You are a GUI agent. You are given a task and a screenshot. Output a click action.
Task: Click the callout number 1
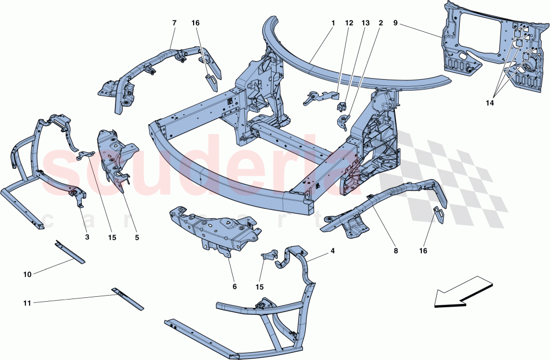(x=333, y=24)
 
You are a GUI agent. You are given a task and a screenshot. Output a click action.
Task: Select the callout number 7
(x=174, y=23)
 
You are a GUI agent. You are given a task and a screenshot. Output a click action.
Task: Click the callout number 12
(x=349, y=24)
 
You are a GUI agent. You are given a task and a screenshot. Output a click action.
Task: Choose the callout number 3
(x=87, y=237)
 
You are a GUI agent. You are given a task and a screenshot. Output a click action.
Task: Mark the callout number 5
(x=137, y=237)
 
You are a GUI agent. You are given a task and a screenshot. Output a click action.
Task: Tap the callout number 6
(x=234, y=286)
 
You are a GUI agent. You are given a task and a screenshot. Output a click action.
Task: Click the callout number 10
(x=28, y=273)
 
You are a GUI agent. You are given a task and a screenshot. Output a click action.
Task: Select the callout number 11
(x=28, y=301)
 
